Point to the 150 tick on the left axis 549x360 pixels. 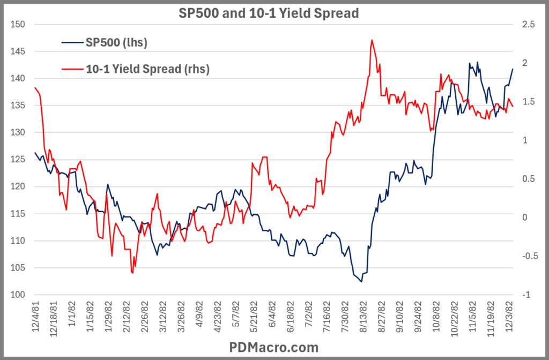pyautogui.click(x=19, y=25)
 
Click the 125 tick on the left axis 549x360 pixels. pyautogui.click(x=19, y=160)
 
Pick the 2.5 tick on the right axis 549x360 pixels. pyautogui.click(x=528, y=25)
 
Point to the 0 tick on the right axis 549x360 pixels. pyautogui.click(x=525, y=217)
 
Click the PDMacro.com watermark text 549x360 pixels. pyautogui.click(x=274, y=348)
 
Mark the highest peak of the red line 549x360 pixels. pyautogui.click(x=372, y=40)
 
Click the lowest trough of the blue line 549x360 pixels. pyautogui.click(x=361, y=282)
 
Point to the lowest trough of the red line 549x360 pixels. pyautogui.click(x=132, y=273)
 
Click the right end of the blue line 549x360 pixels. pyautogui.click(x=513, y=69)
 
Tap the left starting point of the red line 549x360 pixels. pyautogui.click(x=35, y=87)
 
